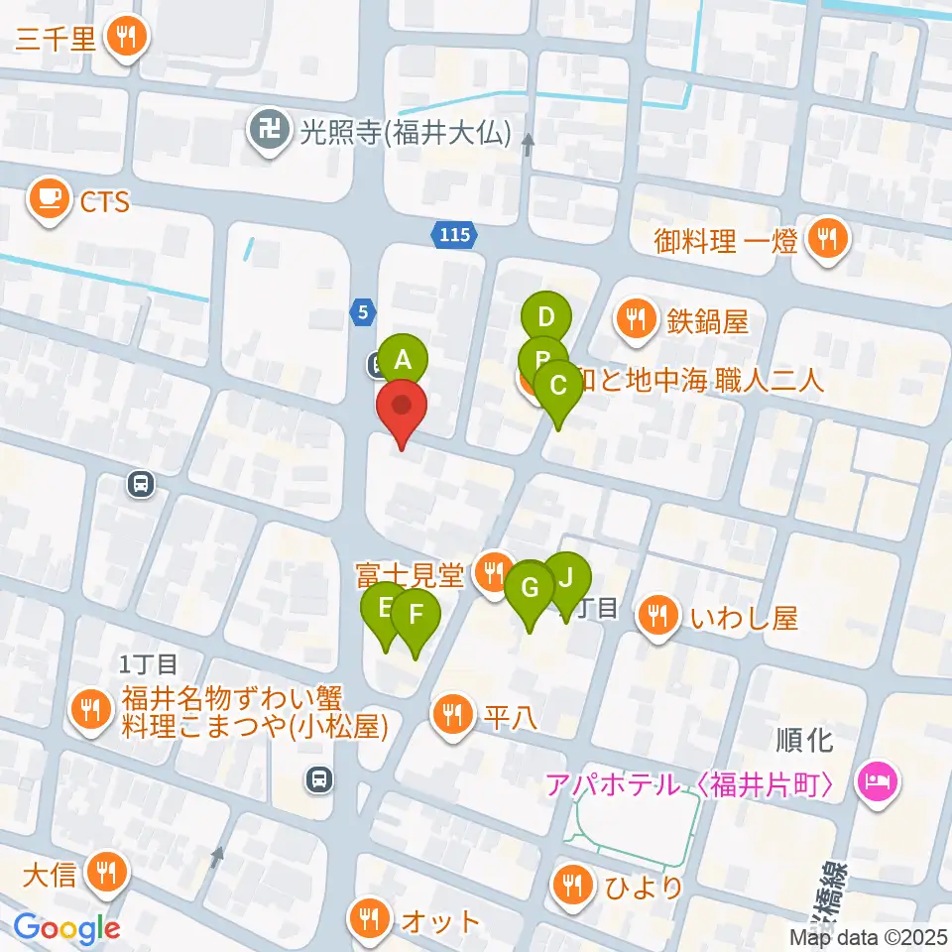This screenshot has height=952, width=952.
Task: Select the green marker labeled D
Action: [545, 317]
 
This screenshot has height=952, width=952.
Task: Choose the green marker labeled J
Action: [567, 576]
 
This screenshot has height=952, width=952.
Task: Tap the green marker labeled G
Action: [530, 587]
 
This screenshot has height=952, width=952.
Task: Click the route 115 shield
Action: [454, 236]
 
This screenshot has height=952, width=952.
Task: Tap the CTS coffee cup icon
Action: [48, 201]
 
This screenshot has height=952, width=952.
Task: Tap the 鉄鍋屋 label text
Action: [706, 320]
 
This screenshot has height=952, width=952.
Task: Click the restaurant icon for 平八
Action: [453, 714]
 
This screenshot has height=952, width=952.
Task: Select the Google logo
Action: [67, 928]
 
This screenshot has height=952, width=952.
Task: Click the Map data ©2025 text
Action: [868, 936]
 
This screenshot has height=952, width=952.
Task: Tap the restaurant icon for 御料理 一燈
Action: [825, 239]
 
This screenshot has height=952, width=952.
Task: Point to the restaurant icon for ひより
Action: [572, 885]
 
